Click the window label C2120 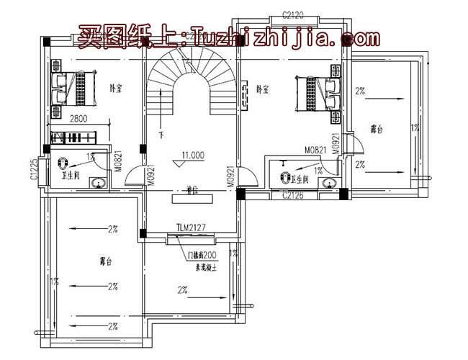[294, 14]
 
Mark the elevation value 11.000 [193, 154]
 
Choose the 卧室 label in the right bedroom [263, 89]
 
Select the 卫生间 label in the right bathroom [302, 176]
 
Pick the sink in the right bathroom [329, 183]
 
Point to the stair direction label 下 [161, 135]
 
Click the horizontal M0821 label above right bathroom [315, 150]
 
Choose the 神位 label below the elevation [192, 191]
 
